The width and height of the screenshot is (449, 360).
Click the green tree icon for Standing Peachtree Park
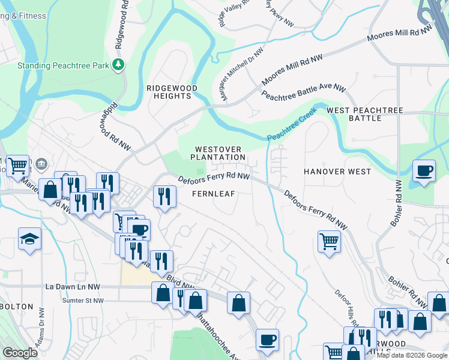click(x=119, y=64)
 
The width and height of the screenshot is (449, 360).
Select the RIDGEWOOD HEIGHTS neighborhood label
click(x=172, y=92)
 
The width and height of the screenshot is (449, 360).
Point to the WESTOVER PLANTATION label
click(x=218, y=153)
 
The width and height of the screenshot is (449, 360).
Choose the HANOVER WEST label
click(x=337, y=172)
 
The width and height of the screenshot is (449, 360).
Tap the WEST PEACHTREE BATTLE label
click(x=364, y=114)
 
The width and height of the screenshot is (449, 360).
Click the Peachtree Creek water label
click(x=292, y=128)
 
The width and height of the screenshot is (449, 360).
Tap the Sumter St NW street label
click(x=83, y=300)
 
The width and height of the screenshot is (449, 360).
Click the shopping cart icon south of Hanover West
click(x=329, y=241)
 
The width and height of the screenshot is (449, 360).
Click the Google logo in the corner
click(x=20, y=353)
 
